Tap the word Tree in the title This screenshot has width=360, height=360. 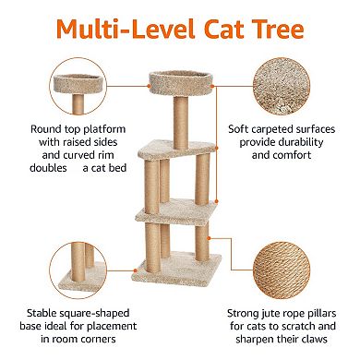(273, 29)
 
